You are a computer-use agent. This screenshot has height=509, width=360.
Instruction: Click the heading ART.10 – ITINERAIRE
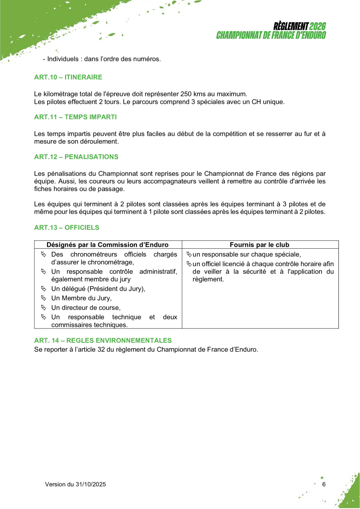68,77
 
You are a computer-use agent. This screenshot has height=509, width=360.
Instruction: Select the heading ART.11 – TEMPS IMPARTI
75,117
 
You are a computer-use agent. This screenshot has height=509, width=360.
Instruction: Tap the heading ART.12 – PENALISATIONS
76,157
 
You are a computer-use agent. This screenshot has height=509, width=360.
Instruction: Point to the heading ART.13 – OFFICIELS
67,227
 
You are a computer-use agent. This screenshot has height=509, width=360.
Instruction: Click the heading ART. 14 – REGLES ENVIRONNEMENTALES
103,341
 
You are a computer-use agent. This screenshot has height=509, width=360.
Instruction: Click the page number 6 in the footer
324,484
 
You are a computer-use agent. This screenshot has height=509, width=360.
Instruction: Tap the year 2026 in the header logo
318,26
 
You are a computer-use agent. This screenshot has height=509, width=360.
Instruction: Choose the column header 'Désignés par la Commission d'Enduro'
107,245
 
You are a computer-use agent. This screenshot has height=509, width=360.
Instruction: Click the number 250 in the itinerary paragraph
185,94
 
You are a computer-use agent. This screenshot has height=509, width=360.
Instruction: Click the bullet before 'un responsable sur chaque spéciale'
190,254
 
